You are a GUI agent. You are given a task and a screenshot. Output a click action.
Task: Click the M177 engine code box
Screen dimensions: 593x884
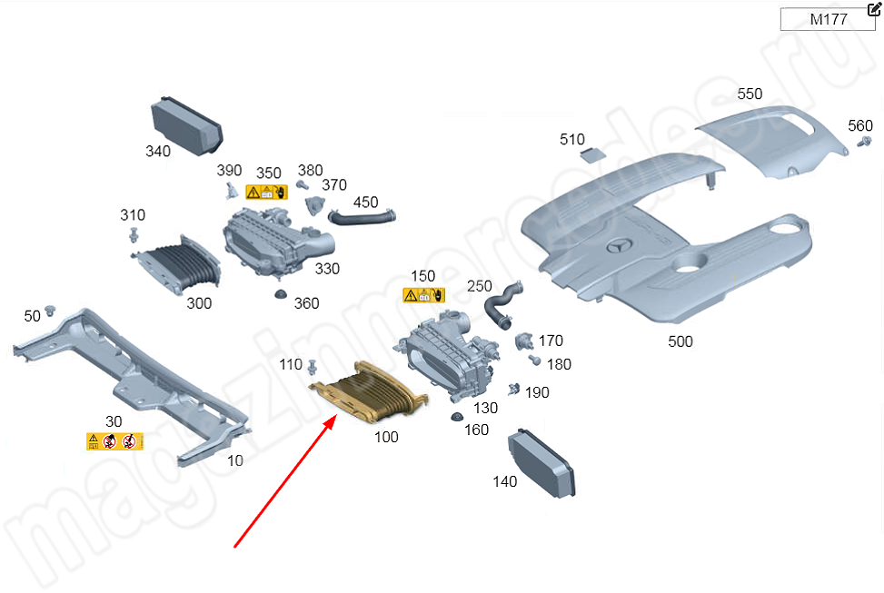coord(828,19)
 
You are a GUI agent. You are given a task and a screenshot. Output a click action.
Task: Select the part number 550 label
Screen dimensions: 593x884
coord(750,94)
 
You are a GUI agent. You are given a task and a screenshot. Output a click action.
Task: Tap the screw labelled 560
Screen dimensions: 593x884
coord(866,143)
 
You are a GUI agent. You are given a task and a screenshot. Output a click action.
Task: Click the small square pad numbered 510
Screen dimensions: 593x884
coord(593,153)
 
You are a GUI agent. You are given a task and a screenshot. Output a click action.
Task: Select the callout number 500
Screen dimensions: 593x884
coord(680,341)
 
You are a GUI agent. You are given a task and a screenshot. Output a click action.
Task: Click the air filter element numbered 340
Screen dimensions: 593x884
coord(186,124)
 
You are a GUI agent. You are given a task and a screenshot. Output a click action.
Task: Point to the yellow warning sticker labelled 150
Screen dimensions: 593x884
coord(424,295)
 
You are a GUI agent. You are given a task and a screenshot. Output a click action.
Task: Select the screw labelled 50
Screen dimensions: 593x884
coord(52,310)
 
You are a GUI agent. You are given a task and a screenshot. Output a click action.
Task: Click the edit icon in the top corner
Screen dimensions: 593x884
coord(874,9)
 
